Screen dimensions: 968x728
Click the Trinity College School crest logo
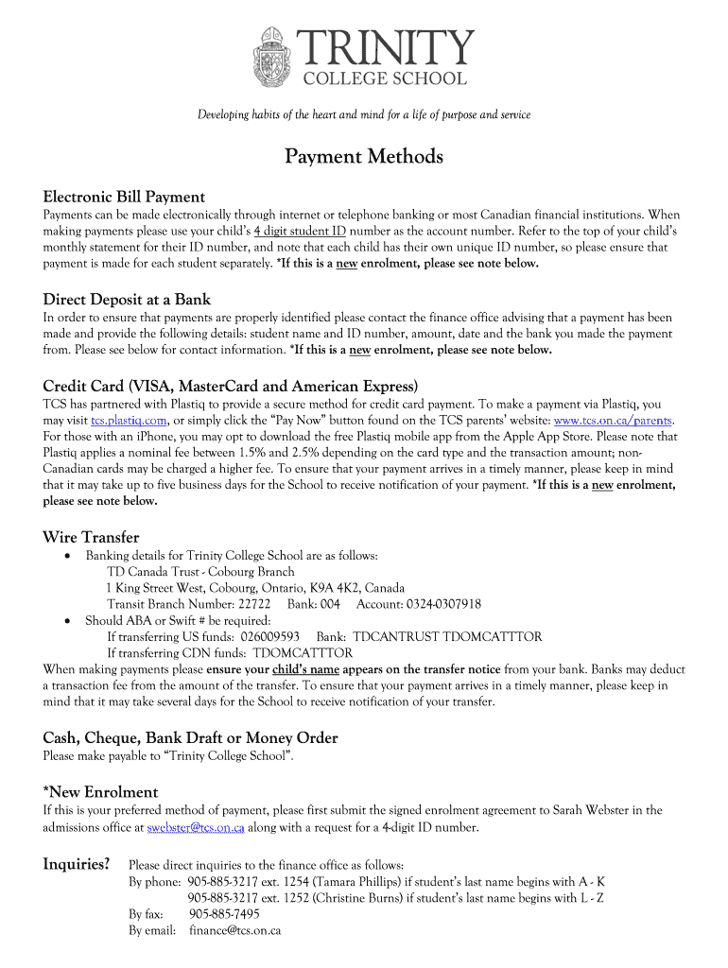click(x=275, y=58)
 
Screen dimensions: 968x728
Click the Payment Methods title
click(x=364, y=157)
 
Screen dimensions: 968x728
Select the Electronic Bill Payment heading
click(x=124, y=197)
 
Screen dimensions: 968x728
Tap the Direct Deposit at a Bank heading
click(x=127, y=300)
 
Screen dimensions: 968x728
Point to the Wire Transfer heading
click(x=91, y=537)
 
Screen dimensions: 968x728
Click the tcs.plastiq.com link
click(x=130, y=421)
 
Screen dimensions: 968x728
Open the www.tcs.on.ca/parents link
click(x=614, y=421)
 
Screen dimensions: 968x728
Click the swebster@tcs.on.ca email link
click(x=196, y=827)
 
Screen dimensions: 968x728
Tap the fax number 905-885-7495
click(x=224, y=914)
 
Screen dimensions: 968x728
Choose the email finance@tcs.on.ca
click(x=234, y=931)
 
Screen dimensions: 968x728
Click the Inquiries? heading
click(x=77, y=864)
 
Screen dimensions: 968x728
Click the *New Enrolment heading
click(x=100, y=792)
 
